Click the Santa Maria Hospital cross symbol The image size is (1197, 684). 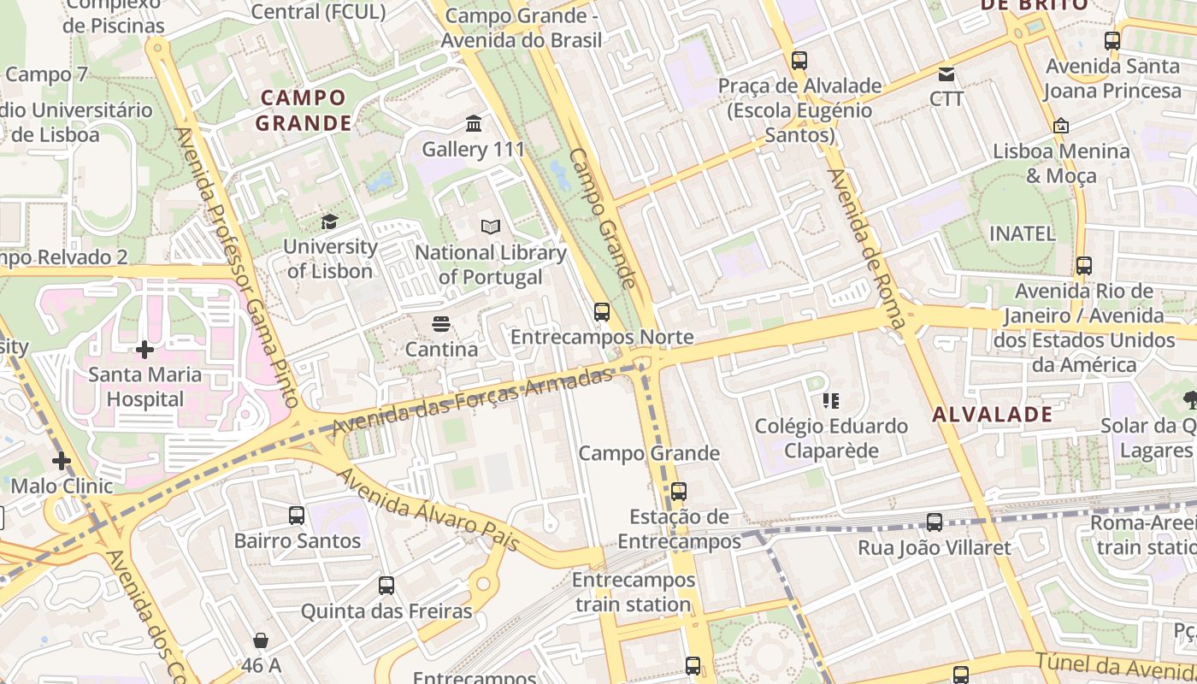click(x=144, y=350)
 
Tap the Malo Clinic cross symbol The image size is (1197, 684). click(x=62, y=462)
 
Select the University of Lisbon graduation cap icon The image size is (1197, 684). click(x=329, y=222)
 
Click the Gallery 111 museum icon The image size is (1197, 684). click(x=474, y=124)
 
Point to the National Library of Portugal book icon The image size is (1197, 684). click(x=490, y=227)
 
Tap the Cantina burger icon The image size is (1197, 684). click(x=441, y=324)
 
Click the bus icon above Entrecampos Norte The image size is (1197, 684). click(x=602, y=312)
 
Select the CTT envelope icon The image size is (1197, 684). click(x=946, y=74)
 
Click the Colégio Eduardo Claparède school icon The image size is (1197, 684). click(x=830, y=400)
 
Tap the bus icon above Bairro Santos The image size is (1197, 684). click(x=297, y=516)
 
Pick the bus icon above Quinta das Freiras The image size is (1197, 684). click(x=386, y=586)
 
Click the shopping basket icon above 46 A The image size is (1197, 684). click(x=261, y=640)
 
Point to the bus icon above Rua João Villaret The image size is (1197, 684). click(x=935, y=522)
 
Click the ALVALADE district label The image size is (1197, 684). click(x=992, y=415)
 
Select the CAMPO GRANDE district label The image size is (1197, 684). click(x=304, y=110)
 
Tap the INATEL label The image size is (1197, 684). click(x=1022, y=233)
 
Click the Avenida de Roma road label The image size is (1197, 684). click(x=866, y=248)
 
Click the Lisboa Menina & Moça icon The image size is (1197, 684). click(x=1061, y=126)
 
